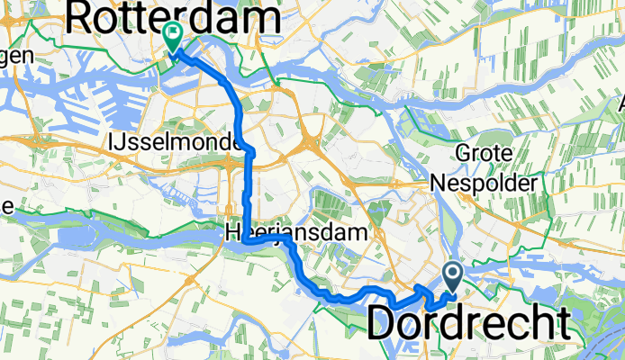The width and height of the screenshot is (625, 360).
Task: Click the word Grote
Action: point(488,155)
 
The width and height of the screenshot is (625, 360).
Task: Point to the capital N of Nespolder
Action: point(438,182)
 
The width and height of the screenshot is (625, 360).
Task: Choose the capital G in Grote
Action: point(463,155)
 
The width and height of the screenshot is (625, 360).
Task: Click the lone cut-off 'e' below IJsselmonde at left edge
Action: point(5,205)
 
